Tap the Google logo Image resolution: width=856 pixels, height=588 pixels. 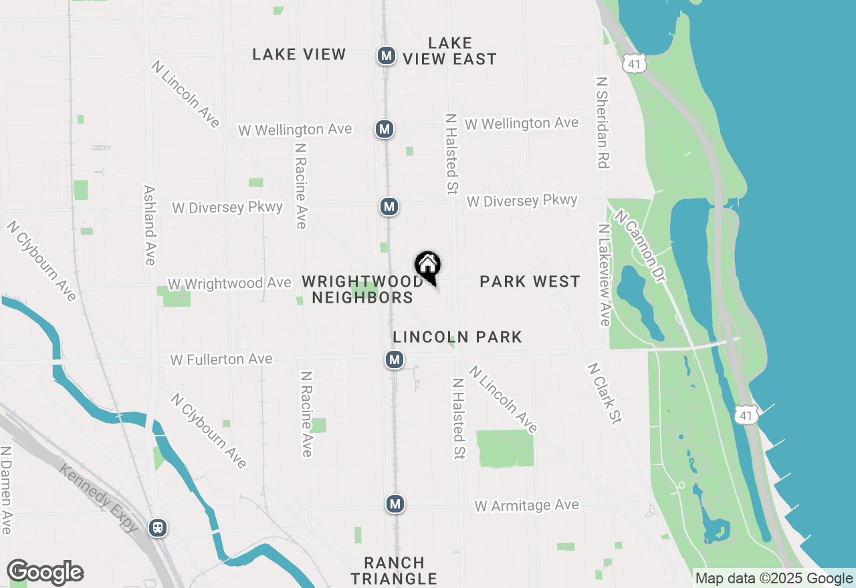(45, 573)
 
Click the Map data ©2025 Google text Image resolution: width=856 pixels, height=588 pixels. (774, 579)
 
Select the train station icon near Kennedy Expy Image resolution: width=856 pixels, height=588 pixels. (158, 528)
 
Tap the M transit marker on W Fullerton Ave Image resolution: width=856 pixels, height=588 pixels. (395, 360)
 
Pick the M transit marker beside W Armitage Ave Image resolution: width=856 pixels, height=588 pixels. (395, 503)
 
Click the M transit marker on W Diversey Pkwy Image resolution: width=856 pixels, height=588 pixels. (389, 207)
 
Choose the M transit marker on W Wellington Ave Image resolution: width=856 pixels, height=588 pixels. (384, 129)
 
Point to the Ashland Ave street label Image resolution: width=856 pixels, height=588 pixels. (150, 225)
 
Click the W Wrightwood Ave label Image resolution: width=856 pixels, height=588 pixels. (229, 284)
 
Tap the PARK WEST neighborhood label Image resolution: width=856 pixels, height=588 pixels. (530, 281)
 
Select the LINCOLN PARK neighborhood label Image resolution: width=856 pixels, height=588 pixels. (457, 337)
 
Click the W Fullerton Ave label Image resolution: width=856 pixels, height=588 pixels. (221, 359)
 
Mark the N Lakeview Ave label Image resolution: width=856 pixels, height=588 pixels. (605, 275)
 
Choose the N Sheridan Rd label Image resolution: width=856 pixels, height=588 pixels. (602, 122)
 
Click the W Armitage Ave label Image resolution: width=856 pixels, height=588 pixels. (526, 506)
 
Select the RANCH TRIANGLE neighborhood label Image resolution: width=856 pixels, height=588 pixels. (394, 571)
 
